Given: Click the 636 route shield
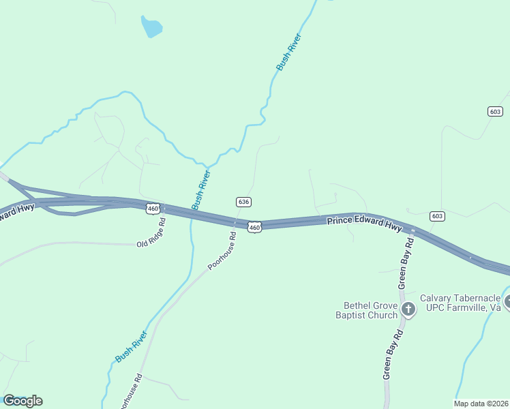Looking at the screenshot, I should pos(244,202).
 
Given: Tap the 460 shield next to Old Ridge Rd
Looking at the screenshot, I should pos(153,208).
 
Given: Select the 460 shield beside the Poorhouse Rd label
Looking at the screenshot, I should pos(254,226).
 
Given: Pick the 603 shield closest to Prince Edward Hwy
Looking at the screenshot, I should pos(438,216).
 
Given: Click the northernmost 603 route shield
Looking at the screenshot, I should pos(496,111).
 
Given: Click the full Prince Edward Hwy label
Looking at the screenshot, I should pos(364,224).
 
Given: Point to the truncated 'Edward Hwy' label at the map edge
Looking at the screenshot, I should pos(16,211).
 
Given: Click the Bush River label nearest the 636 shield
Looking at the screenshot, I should pos(201,190).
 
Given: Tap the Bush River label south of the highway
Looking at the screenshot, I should pos(131,346).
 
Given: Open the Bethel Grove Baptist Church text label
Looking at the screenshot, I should pos(370,310).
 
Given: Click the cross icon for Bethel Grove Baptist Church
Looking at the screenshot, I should pos(408,310).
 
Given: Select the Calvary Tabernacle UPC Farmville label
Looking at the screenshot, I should pos(460,303).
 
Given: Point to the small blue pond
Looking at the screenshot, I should pos(151,27).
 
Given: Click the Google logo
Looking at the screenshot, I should pos(22,401).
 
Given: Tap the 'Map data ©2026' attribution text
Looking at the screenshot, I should pos(481,404).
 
